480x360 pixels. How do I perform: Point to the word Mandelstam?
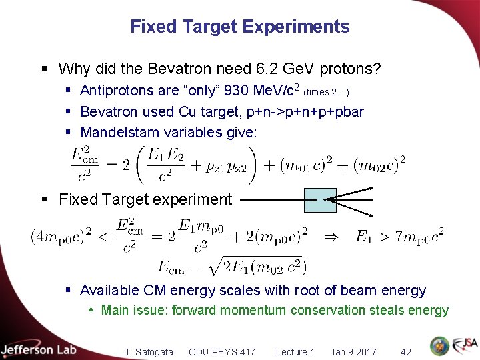[117, 133]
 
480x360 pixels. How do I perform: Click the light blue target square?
[320, 199]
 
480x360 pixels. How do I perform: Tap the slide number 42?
[405, 352]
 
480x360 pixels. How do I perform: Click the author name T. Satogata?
[149, 352]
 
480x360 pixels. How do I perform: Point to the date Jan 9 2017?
[353, 352]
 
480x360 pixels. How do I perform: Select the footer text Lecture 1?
[295, 352]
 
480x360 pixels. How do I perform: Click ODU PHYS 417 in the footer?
[222, 352]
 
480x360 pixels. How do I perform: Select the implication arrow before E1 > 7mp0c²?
[331, 237]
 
